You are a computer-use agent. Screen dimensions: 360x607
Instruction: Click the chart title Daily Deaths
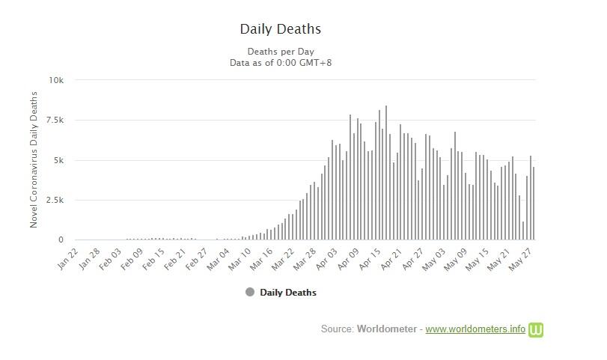click(280, 29)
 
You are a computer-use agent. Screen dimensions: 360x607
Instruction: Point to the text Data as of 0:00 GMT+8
click(280, 63)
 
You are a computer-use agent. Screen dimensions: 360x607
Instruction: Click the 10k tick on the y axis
click(56, 80)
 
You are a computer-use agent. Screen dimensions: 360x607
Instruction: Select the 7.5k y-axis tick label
click(55, 120)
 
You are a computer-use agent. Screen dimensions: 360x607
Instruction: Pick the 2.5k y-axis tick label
click(55, 201)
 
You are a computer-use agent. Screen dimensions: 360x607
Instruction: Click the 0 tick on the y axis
click(61, 240)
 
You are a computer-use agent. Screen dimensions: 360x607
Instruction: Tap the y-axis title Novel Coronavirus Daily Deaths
click(34, 160)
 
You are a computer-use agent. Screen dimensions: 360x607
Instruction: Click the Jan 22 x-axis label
click(68, 259)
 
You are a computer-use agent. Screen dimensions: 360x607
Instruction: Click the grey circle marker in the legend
click(250, 292)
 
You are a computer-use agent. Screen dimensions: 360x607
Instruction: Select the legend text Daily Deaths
click(288, 293)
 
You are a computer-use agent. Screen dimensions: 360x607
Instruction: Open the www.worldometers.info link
click(475, 329)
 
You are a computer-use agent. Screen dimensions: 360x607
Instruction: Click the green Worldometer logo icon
click(536, 329)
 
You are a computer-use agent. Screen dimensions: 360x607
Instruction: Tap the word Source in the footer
click(337, 329)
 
